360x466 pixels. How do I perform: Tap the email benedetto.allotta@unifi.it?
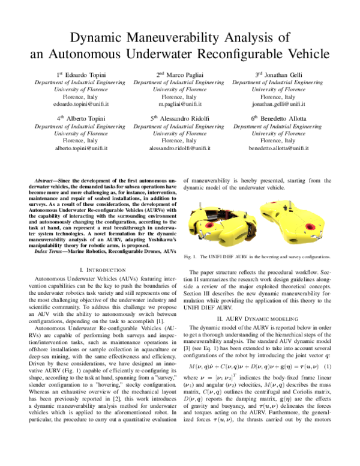277,148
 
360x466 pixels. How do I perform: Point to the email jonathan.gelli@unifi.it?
277,104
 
